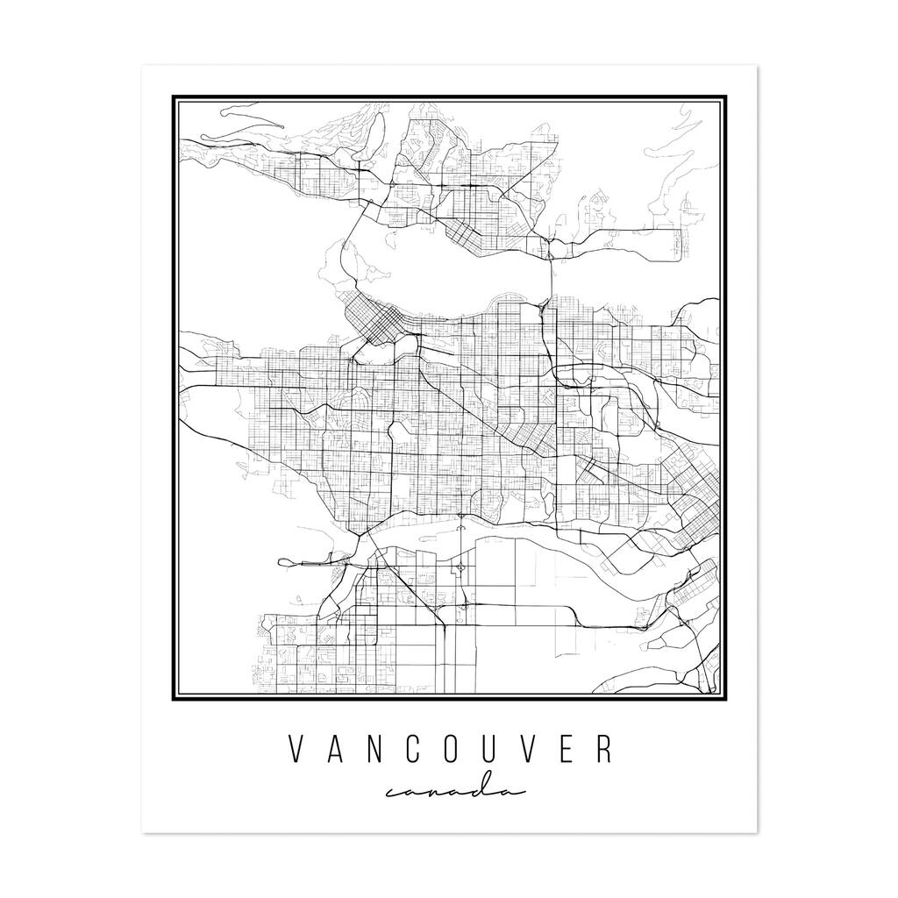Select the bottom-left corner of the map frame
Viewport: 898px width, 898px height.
(174, 700)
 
